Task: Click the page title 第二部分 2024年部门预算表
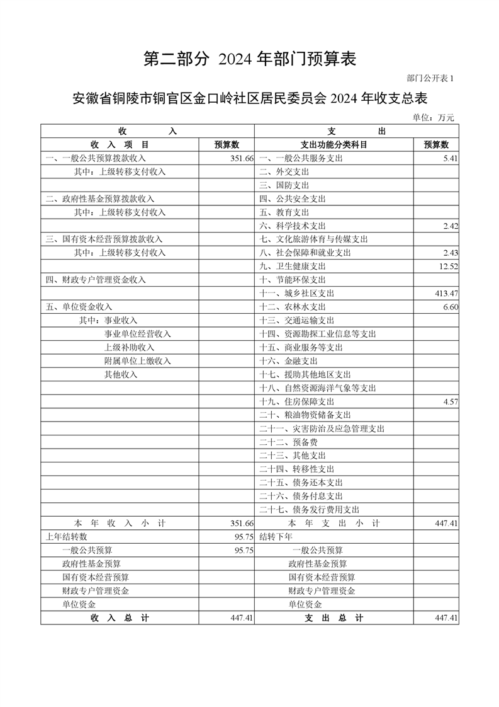(x=250, y=59)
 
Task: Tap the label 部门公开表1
(x=430, y=79)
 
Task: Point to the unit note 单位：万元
(x=433, y=117)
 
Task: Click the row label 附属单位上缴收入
(x=138, y=361)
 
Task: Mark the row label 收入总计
(x=120, y=618)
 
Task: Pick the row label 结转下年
(x=276, y=537)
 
